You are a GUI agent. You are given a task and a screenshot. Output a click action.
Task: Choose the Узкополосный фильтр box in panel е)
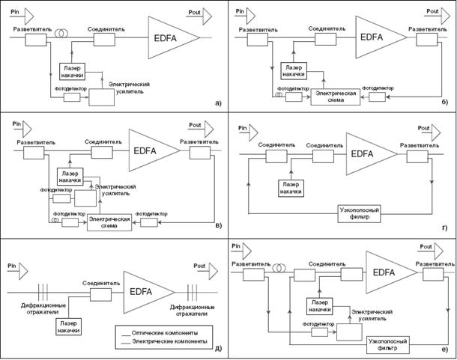point(389,344)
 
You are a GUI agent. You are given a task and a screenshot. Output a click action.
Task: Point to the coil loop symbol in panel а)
point(67,34)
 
